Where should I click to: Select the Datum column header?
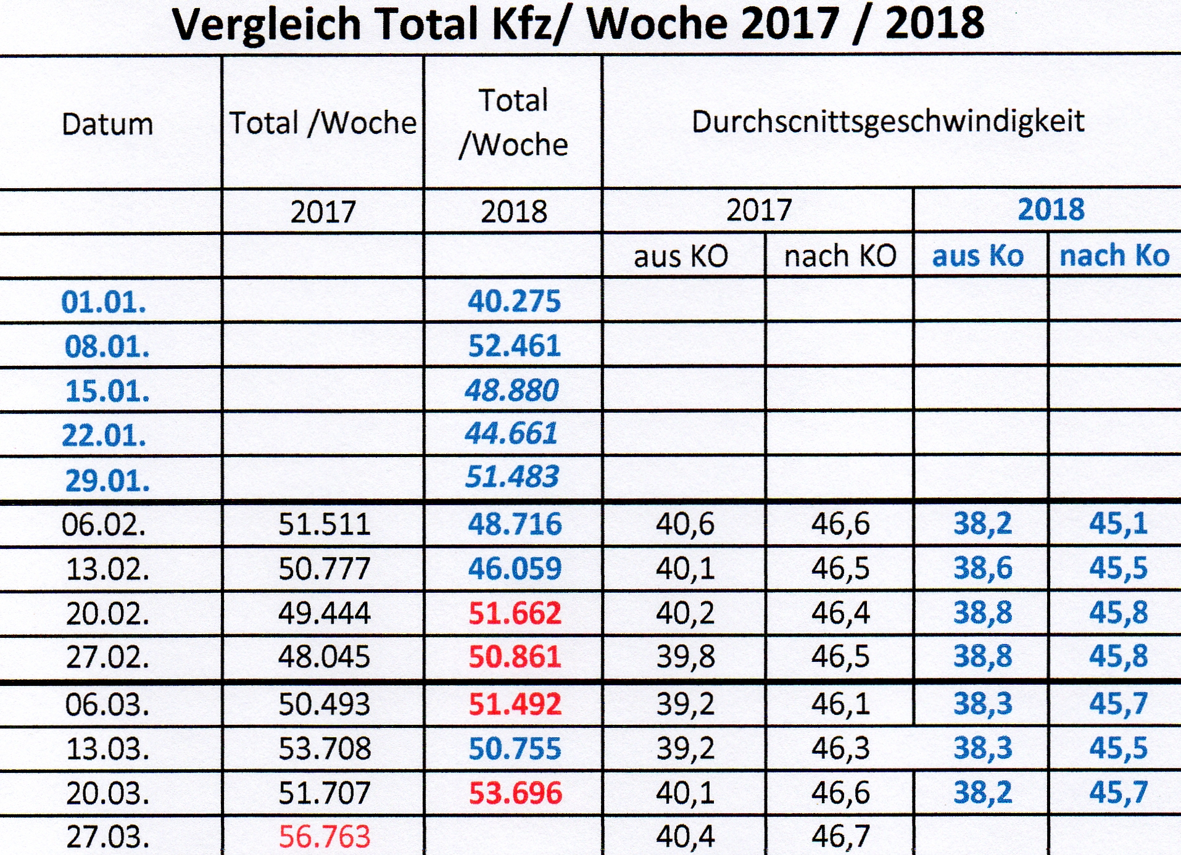tap(107, 124)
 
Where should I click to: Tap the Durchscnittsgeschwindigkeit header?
tap(887, 122)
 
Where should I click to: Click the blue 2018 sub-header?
tap(1050, 210)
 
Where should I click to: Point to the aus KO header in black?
tap(681, 256)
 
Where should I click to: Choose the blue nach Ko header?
tap(1114, 255)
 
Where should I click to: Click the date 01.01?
tap(104, 302)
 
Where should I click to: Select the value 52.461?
tap(514, 345)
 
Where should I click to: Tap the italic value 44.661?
tap(511, 433)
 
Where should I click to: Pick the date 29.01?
tap(107, 481)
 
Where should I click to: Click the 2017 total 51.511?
tap(324, 524)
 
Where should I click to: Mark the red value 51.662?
tap(515, 613)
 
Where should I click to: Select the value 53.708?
tap(324, 748)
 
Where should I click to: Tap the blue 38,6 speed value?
tap(982, 568)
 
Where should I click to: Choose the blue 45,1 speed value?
tap(1117, 524)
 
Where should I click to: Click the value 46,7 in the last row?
tap(840, 836)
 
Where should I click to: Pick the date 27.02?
tap(107, 657)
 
